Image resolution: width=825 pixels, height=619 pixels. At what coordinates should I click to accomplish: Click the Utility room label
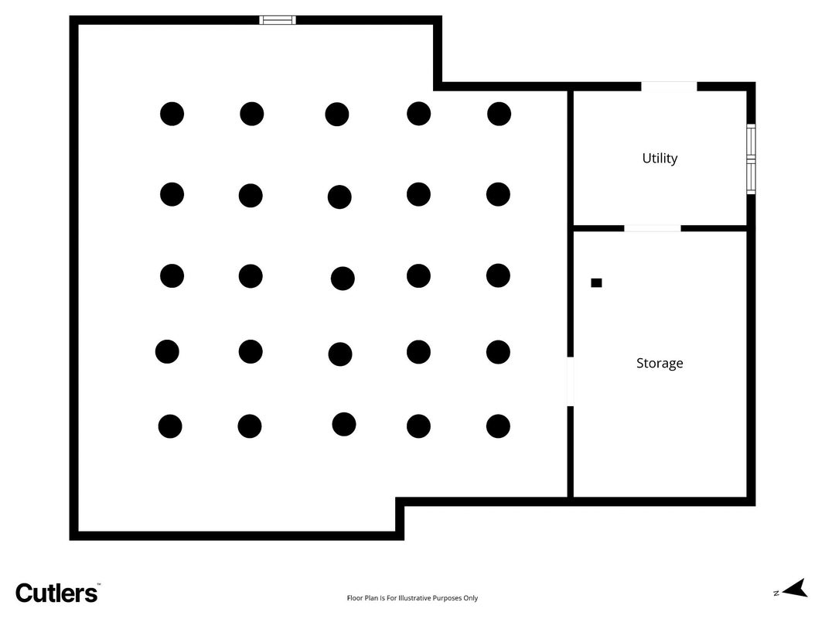660,159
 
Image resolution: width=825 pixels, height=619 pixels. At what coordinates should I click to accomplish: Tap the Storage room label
660,363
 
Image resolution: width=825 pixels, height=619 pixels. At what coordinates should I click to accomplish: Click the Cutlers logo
56,593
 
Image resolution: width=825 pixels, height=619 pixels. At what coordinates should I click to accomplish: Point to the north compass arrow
795,589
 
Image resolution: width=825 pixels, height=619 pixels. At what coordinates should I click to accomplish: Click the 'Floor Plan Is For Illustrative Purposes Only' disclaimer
413,598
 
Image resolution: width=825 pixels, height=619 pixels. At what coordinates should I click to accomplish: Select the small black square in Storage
596,282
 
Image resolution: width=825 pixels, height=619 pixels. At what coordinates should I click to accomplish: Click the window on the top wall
278,20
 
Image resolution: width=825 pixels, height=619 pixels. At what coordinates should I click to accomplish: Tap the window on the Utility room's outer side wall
752,159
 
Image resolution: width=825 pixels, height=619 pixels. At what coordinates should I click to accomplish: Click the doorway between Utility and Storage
653,228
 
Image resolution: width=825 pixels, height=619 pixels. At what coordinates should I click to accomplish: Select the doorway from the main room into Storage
570,381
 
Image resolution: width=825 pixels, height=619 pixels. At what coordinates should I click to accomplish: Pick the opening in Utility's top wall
669,87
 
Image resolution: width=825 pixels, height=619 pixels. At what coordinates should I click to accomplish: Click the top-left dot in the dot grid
172,114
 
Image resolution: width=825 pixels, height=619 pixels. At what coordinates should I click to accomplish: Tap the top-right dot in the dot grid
499,114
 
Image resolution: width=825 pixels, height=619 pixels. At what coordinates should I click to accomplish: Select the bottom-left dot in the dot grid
170,426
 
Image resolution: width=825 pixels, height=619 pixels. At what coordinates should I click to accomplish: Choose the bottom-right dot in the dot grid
498,426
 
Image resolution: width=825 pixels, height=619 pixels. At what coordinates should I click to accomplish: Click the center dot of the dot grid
343,279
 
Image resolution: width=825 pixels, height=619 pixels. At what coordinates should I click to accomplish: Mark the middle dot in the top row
337,115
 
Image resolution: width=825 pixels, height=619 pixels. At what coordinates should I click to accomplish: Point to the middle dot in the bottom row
343,424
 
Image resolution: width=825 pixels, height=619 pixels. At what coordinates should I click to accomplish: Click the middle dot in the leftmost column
172,275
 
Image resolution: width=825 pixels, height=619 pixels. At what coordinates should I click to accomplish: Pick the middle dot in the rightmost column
498,275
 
